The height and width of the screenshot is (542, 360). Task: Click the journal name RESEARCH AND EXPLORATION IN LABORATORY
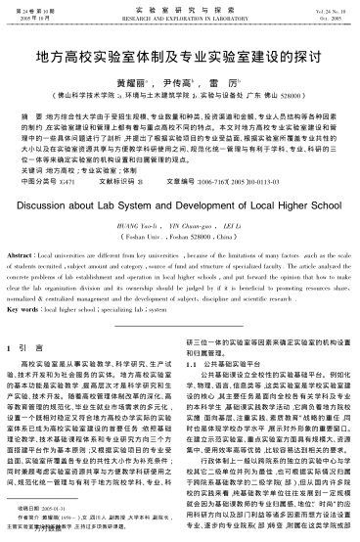[180, 18]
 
